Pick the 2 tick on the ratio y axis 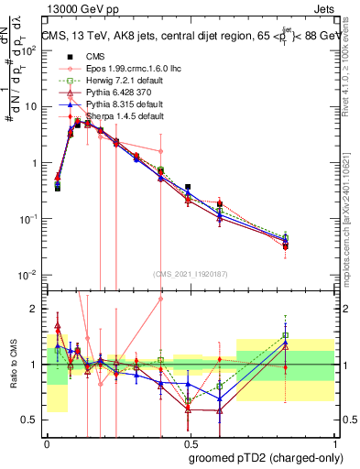tap(35, 309)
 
